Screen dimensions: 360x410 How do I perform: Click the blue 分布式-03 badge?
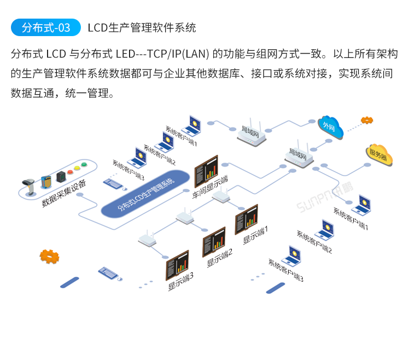click(46, 27)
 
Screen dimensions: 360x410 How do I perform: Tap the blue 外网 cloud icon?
click(330, 127)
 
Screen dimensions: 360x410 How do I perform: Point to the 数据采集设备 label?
click(64, 194)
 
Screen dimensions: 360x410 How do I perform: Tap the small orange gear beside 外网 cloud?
click(367, 120)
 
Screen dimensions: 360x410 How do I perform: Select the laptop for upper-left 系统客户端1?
click(192, 125)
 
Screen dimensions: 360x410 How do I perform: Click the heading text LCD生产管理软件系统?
click(142, 27)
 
